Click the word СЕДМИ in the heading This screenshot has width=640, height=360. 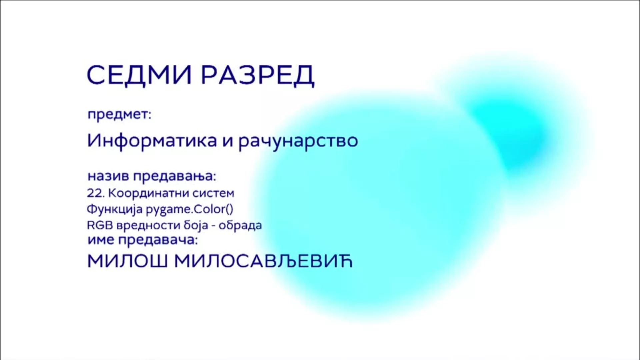point(139,75)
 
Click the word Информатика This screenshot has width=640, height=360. point(152,140)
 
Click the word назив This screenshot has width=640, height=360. point(108,176)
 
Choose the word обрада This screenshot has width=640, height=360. point(241,225)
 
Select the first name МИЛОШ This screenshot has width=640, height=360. point(127,261)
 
